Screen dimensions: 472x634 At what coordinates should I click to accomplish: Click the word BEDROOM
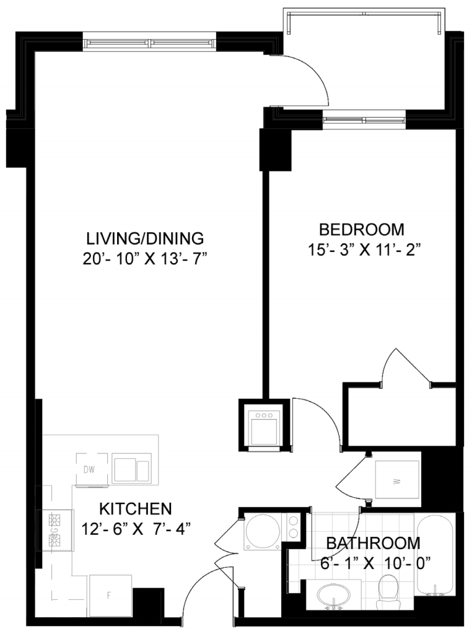pos(362,229)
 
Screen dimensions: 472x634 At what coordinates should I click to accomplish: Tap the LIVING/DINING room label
pos(145,238)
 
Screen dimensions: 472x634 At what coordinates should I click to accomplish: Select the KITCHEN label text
pos(136,509)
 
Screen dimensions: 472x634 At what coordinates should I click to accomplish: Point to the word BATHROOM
pos(374,542)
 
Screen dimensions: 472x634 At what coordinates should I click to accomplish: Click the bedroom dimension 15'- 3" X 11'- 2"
pos(362,250)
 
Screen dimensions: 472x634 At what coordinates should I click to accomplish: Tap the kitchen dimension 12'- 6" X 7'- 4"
pos(136,529)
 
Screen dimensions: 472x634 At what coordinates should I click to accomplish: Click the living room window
pos(151,43)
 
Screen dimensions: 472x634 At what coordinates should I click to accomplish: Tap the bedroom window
pos(364,120)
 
